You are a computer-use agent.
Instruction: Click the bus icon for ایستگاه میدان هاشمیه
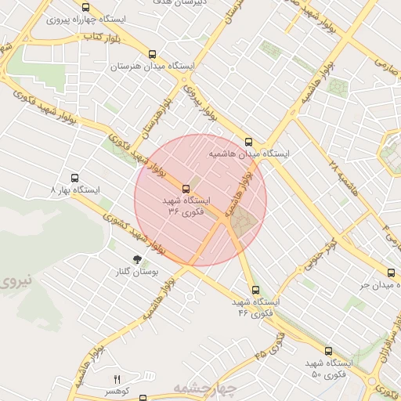pos(248,142)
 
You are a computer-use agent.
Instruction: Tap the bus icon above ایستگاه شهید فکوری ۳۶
pos(186,189)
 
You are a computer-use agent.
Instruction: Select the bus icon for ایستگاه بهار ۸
pos(75,178)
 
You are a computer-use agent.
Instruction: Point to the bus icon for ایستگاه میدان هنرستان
pos(152,55)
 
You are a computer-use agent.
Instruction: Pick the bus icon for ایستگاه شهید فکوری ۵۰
pos(328,351)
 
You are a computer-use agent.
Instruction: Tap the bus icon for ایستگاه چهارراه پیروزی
pos(85,7)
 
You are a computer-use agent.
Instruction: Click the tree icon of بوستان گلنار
pos(138,259)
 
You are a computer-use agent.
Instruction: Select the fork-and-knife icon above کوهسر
pos(117,379)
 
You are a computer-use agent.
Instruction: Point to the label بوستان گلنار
pos(138,272)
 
